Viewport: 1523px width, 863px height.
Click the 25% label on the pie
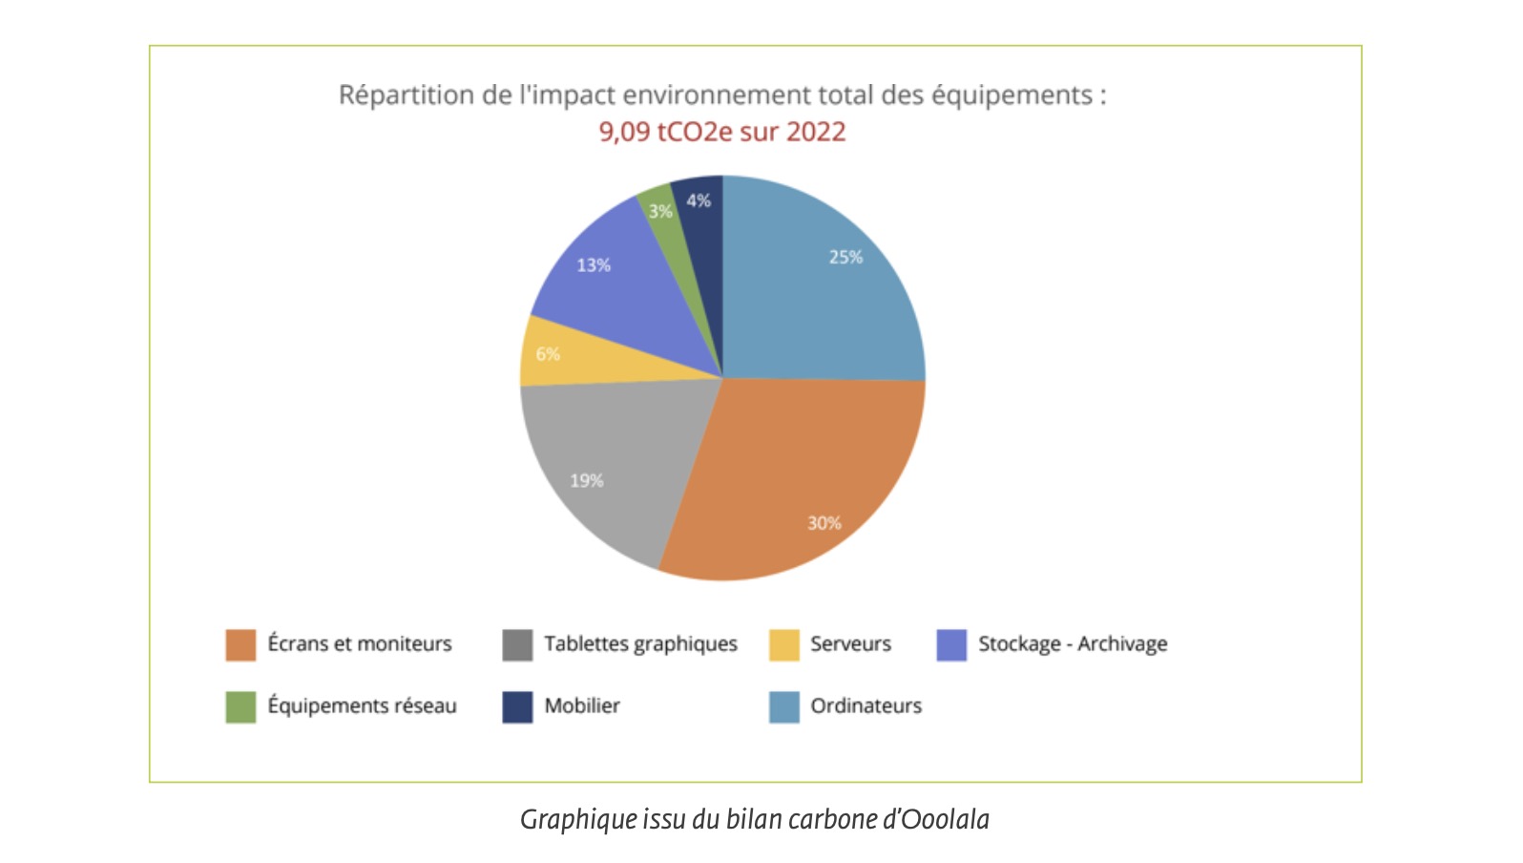(x=845, y=257)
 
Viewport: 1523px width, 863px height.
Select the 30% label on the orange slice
(x=824, y=523)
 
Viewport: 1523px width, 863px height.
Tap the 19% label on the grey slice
(x=587, y=480)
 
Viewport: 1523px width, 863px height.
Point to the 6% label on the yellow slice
(x=548, y=354)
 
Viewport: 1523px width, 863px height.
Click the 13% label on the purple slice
(x=594, y=264)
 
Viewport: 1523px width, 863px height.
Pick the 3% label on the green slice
(x=660, y=211)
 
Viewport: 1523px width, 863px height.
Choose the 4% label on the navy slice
(x=699, y=200)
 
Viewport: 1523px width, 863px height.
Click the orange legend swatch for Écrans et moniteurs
(x=240, y=644)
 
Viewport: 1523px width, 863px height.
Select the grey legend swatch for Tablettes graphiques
(x=517, y=644)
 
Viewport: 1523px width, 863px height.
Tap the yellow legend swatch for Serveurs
(x=783, y=644)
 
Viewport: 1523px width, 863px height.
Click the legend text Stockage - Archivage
(x=1073, y=644)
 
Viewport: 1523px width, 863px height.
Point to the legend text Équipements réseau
(x=362, y=706)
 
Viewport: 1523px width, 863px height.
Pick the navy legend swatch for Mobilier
(x=517, y=706)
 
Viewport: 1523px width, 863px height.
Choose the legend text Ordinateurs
(x=866, y=706)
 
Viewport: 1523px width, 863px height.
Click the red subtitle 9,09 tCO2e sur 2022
(x=722, y=132)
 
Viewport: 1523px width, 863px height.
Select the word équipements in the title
(x=1012, y=95)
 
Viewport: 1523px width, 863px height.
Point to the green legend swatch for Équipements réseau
(x=240, y=706)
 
